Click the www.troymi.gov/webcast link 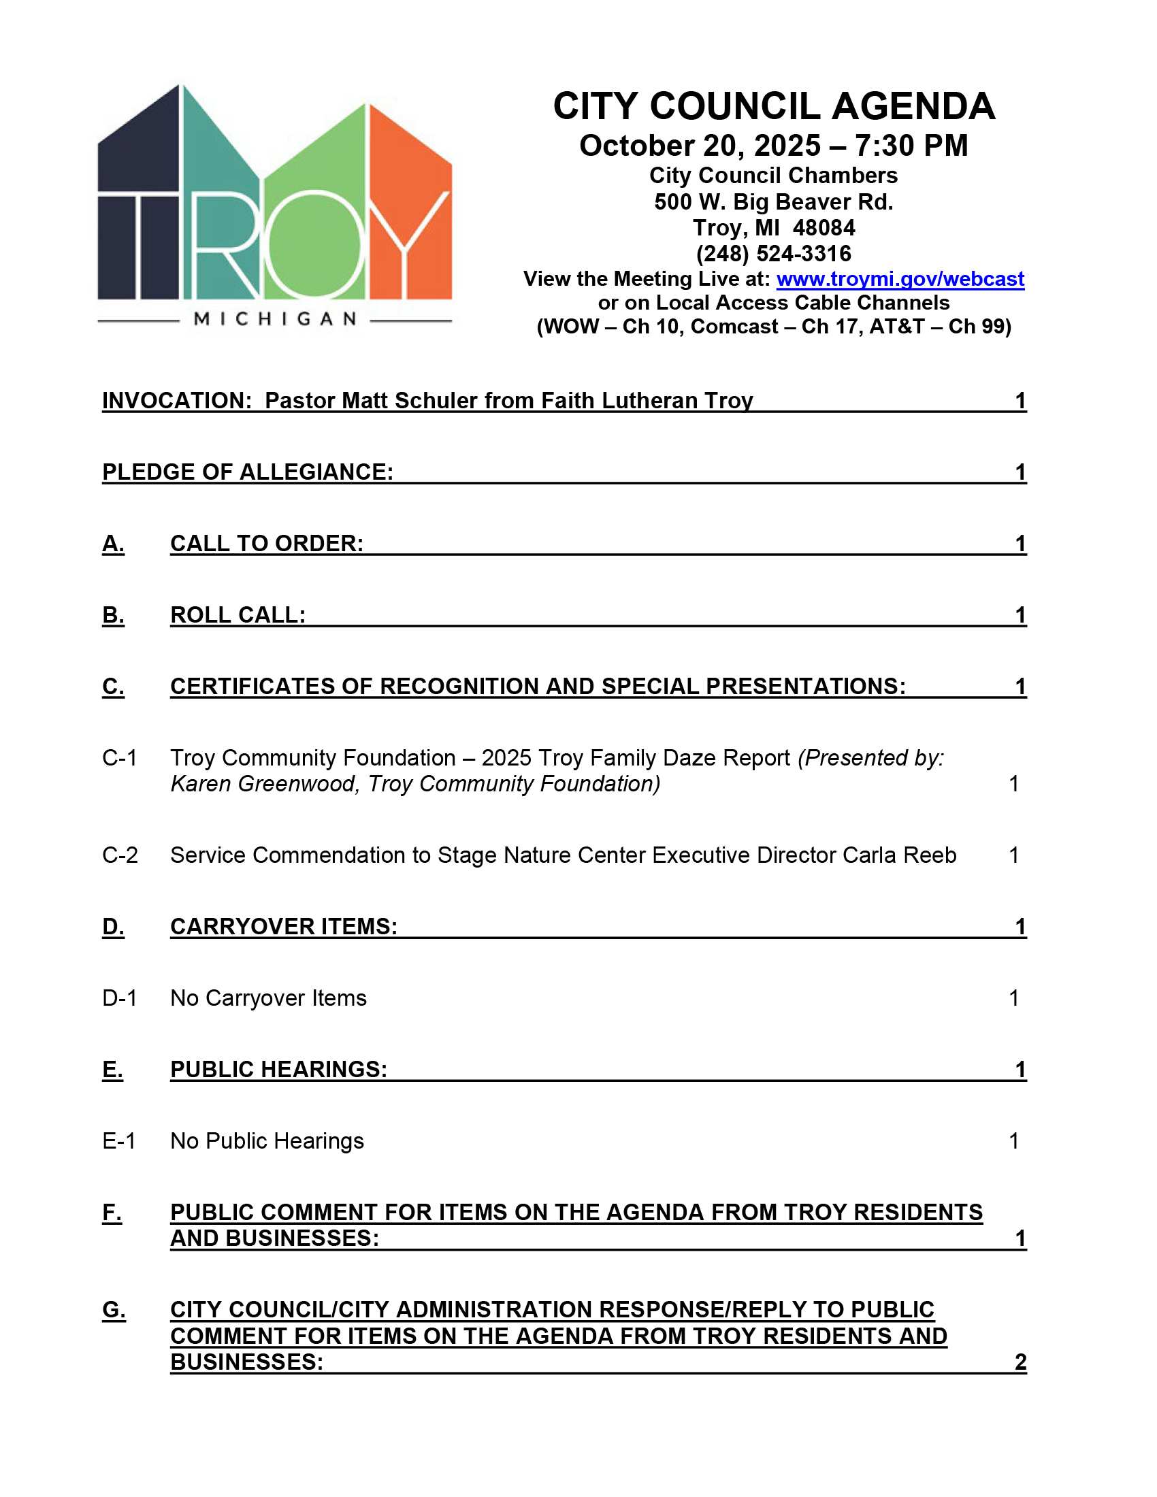(x=900, y=279)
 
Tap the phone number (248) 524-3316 (x=773, y=254)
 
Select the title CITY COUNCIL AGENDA (x=773, y=106)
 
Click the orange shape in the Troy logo (x=410, y=205)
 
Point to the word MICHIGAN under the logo (x=275, y=318)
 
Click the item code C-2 (x=120, y=855)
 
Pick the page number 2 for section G (x=1020, y=1362)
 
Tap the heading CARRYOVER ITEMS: (x=284, y=927)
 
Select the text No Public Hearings (x=267, y=1140)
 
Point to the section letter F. (x=112, y=1213)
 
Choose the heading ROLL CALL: (x=237, y=615)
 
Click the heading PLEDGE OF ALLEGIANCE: (x=248, y=472)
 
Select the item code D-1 (x=119, y=998)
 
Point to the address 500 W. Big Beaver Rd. (x=773, y=201)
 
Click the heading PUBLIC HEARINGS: (x=278, y=1069)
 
